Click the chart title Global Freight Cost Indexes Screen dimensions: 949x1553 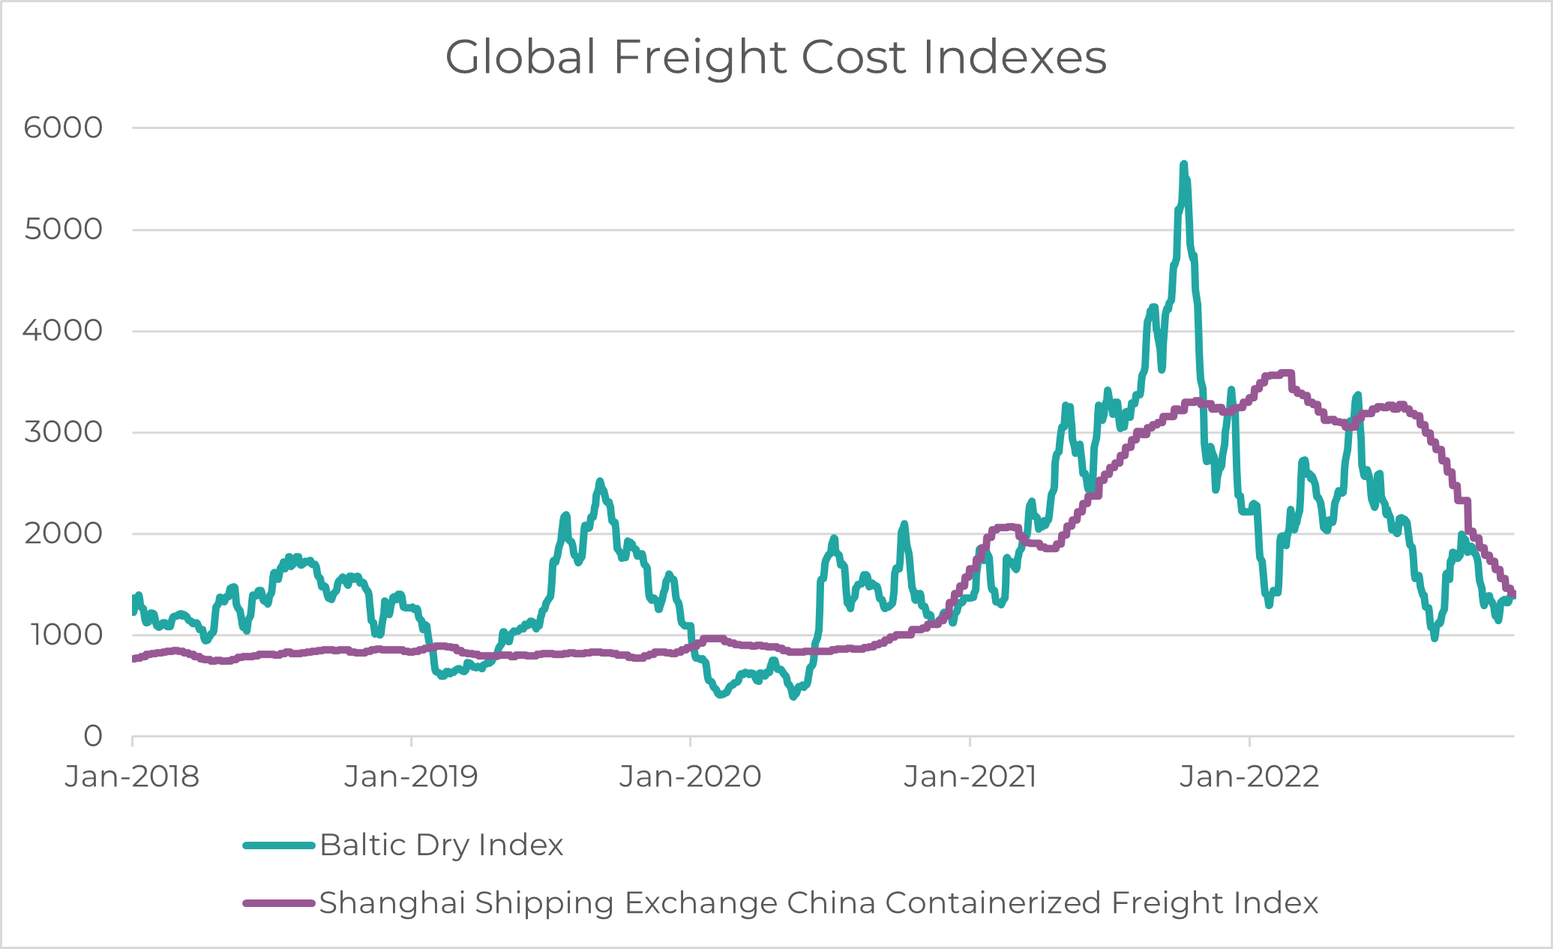tap(775, 57)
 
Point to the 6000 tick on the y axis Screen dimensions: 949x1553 tap(63, 128)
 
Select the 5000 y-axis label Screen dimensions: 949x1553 tap(63, 230)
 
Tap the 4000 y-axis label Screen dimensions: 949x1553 tap(63, 331)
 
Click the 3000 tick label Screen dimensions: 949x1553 tap(63, 432)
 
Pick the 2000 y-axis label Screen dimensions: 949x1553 tap(63, 533)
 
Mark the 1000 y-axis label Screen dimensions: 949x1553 tap(66, 635)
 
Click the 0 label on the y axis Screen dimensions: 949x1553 tap(93, 737)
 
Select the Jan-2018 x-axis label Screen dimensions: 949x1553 tap(132, 777)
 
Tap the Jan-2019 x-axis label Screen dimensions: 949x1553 tap(411, 777)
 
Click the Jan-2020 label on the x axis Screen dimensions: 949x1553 tap(690, 777)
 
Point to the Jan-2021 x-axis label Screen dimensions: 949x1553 tap(970, 777)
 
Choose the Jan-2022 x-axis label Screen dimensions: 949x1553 tap(1249, 777)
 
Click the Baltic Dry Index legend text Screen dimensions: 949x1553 tap(441, 845)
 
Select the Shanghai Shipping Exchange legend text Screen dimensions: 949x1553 tap(818, 903)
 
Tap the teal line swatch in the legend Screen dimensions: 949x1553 tap(278, 845)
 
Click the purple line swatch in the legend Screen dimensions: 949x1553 tap(278, 903)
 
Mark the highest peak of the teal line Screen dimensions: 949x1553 tap(1183, 164)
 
